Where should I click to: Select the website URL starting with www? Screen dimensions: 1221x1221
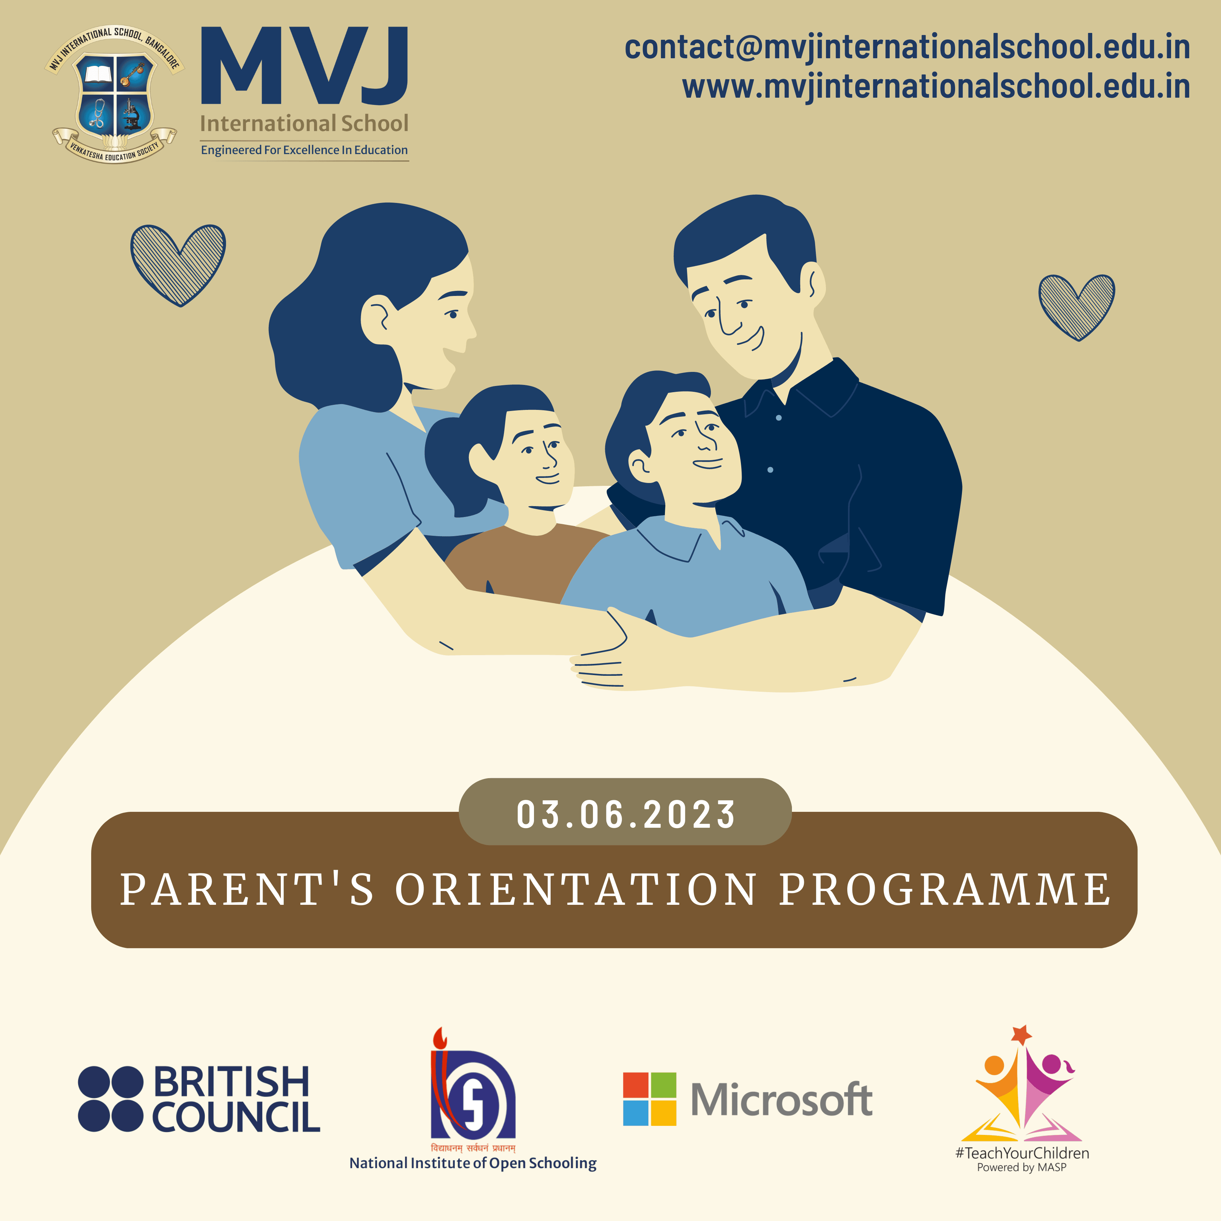pos(936,86)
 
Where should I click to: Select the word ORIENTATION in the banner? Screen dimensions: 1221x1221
pos(576,889)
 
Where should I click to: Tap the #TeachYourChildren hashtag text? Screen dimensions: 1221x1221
pos(1022,1153)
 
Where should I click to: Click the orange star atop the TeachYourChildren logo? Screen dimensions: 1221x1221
pos(1021,1035)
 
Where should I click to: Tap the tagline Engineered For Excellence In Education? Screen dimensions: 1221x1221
pos(304,150)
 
